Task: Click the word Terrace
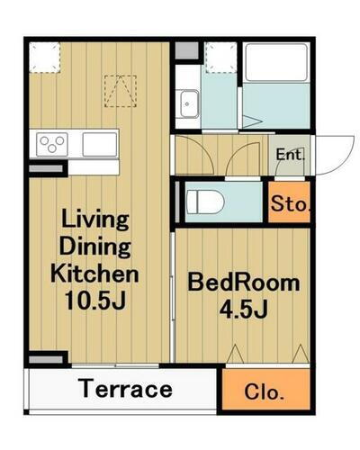point(125,389)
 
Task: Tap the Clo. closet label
point(264,391)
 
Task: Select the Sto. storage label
point(290,203)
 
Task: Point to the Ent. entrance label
point(290,155)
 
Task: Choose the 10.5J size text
point(94,300)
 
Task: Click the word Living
point(95,220)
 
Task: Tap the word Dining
point(95,247)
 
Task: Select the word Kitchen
point(94,274)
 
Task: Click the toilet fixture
point(205,202)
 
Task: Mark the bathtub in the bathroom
point(276,62)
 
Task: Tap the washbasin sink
point(188,103)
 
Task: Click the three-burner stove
point(52,144)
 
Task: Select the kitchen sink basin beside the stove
point(100,144)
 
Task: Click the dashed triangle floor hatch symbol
point(121,91)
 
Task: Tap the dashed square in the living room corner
point(45,58)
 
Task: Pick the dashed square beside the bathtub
point(221,58)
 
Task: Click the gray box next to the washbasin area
point(186,50)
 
